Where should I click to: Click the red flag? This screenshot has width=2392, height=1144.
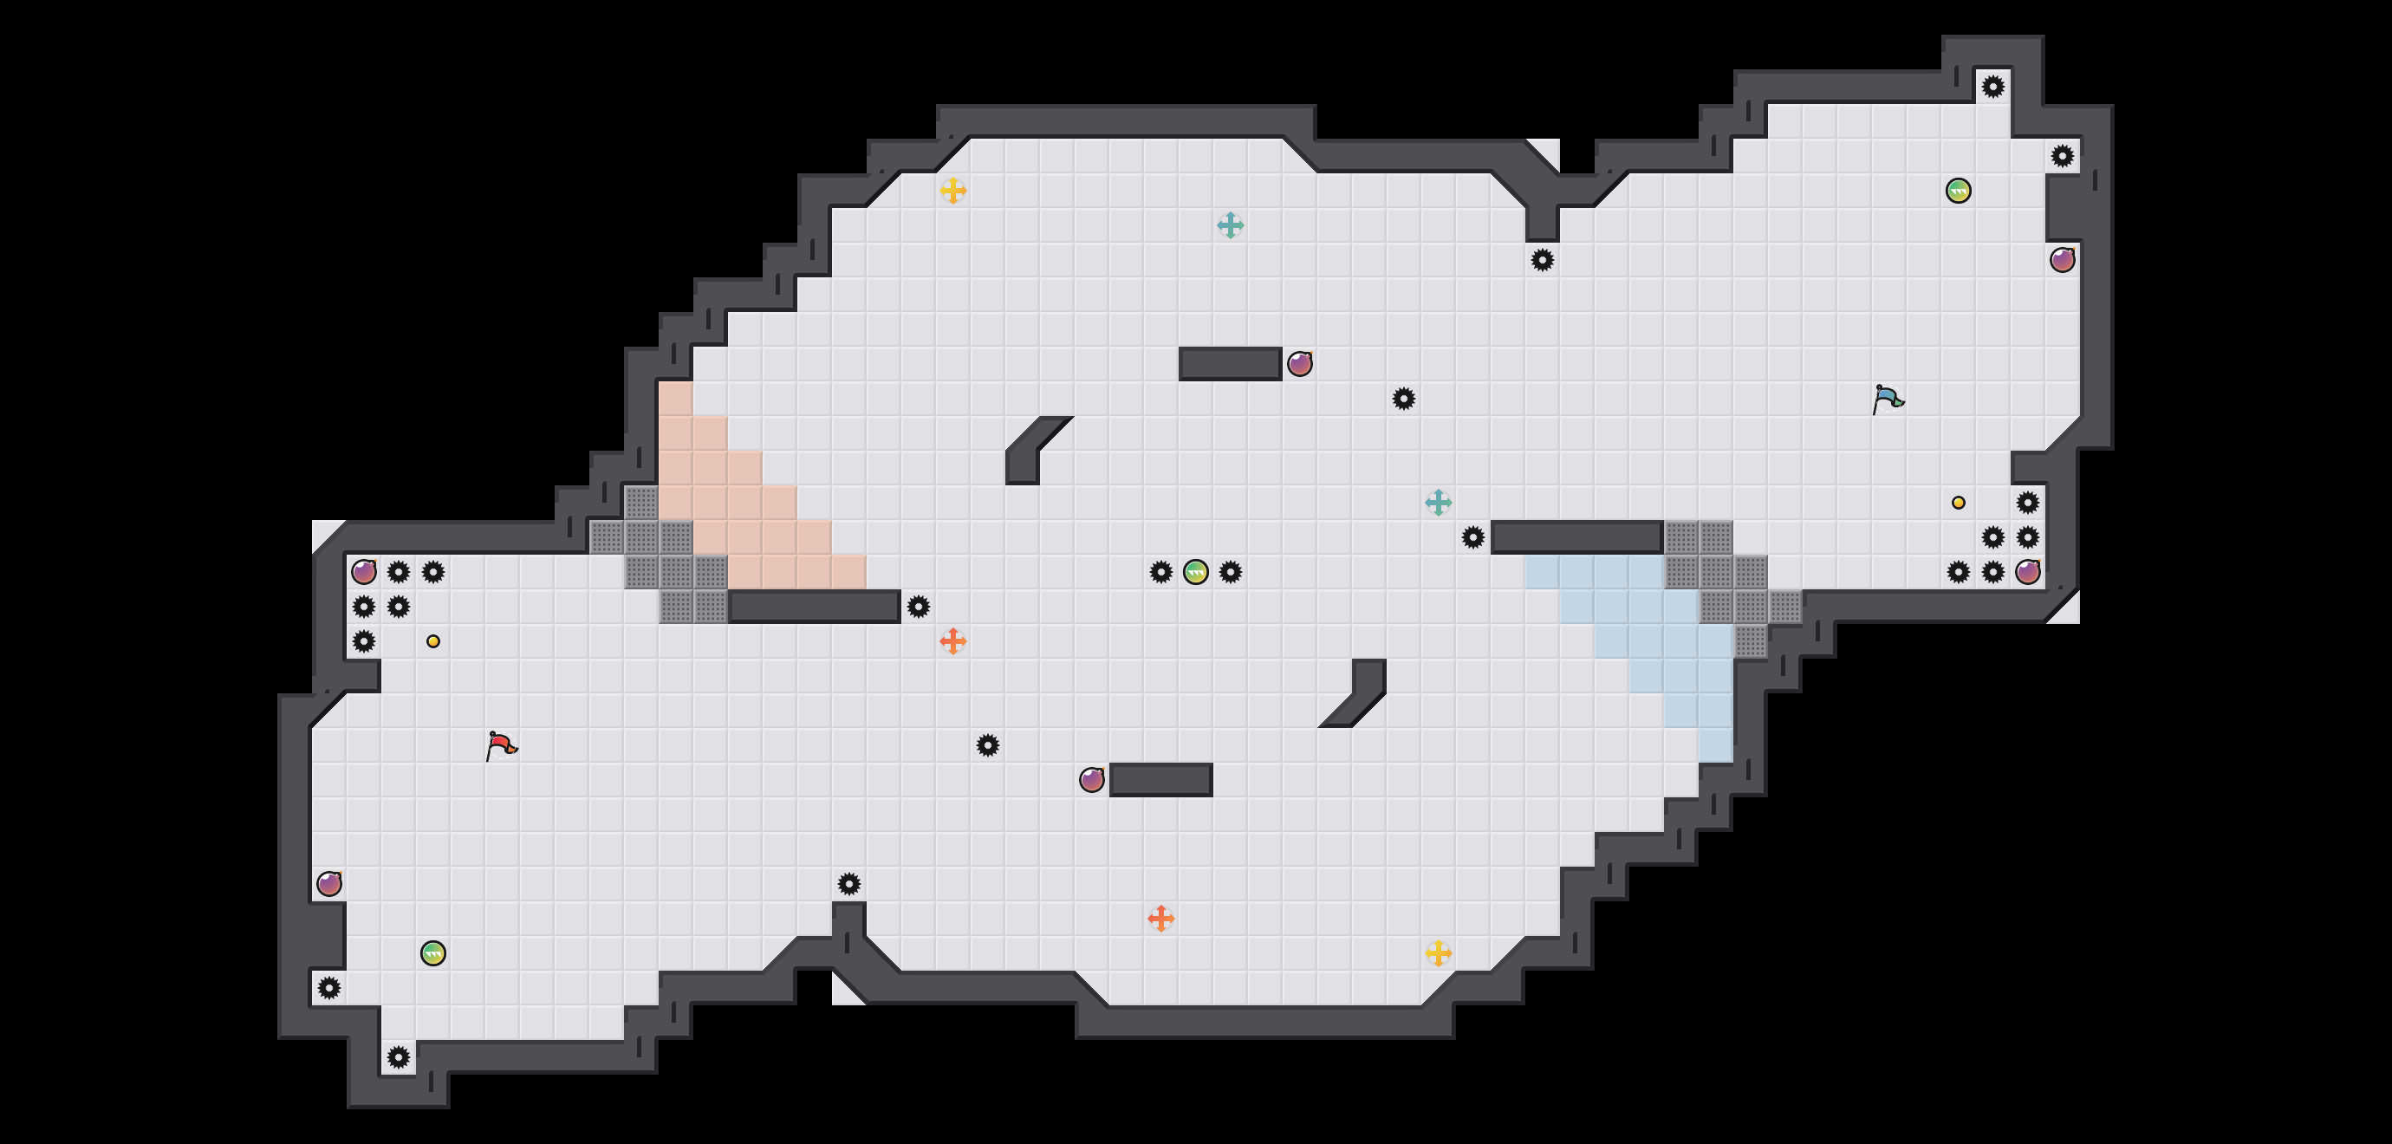(502, 744)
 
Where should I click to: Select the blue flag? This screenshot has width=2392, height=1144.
(1887, 400)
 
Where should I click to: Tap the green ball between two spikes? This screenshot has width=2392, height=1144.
(1196, 572)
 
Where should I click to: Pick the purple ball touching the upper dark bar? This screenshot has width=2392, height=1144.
(1300, 364)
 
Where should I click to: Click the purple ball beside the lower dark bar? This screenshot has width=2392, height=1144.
(1092, 780)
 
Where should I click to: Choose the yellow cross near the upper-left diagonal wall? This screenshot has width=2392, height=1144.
(952, 192)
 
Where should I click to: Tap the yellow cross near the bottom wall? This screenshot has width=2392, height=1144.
(1439, 952)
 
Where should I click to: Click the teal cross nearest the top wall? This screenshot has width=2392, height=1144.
(1231, 224)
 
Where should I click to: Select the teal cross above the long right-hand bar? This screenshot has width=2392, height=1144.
(1439, 504)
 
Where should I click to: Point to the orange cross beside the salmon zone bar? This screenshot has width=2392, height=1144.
(952, 640)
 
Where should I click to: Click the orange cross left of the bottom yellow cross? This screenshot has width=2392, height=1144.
(1160, 919)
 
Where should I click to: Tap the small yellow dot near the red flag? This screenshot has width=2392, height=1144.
(432, 640)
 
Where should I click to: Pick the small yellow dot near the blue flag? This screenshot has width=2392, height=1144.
(1959, 503)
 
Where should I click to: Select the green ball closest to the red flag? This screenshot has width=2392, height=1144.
(432, 952)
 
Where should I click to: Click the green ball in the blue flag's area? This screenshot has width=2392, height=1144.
(1959, 192)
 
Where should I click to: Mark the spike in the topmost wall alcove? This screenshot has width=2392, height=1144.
(1992, 88)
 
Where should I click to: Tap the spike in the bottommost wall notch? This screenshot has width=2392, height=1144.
(399, 1056)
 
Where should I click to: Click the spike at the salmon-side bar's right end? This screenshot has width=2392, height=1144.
(919, 608)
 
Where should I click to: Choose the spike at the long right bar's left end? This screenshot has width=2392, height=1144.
(1472, 537)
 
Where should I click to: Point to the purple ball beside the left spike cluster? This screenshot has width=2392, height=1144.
(364, 572)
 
